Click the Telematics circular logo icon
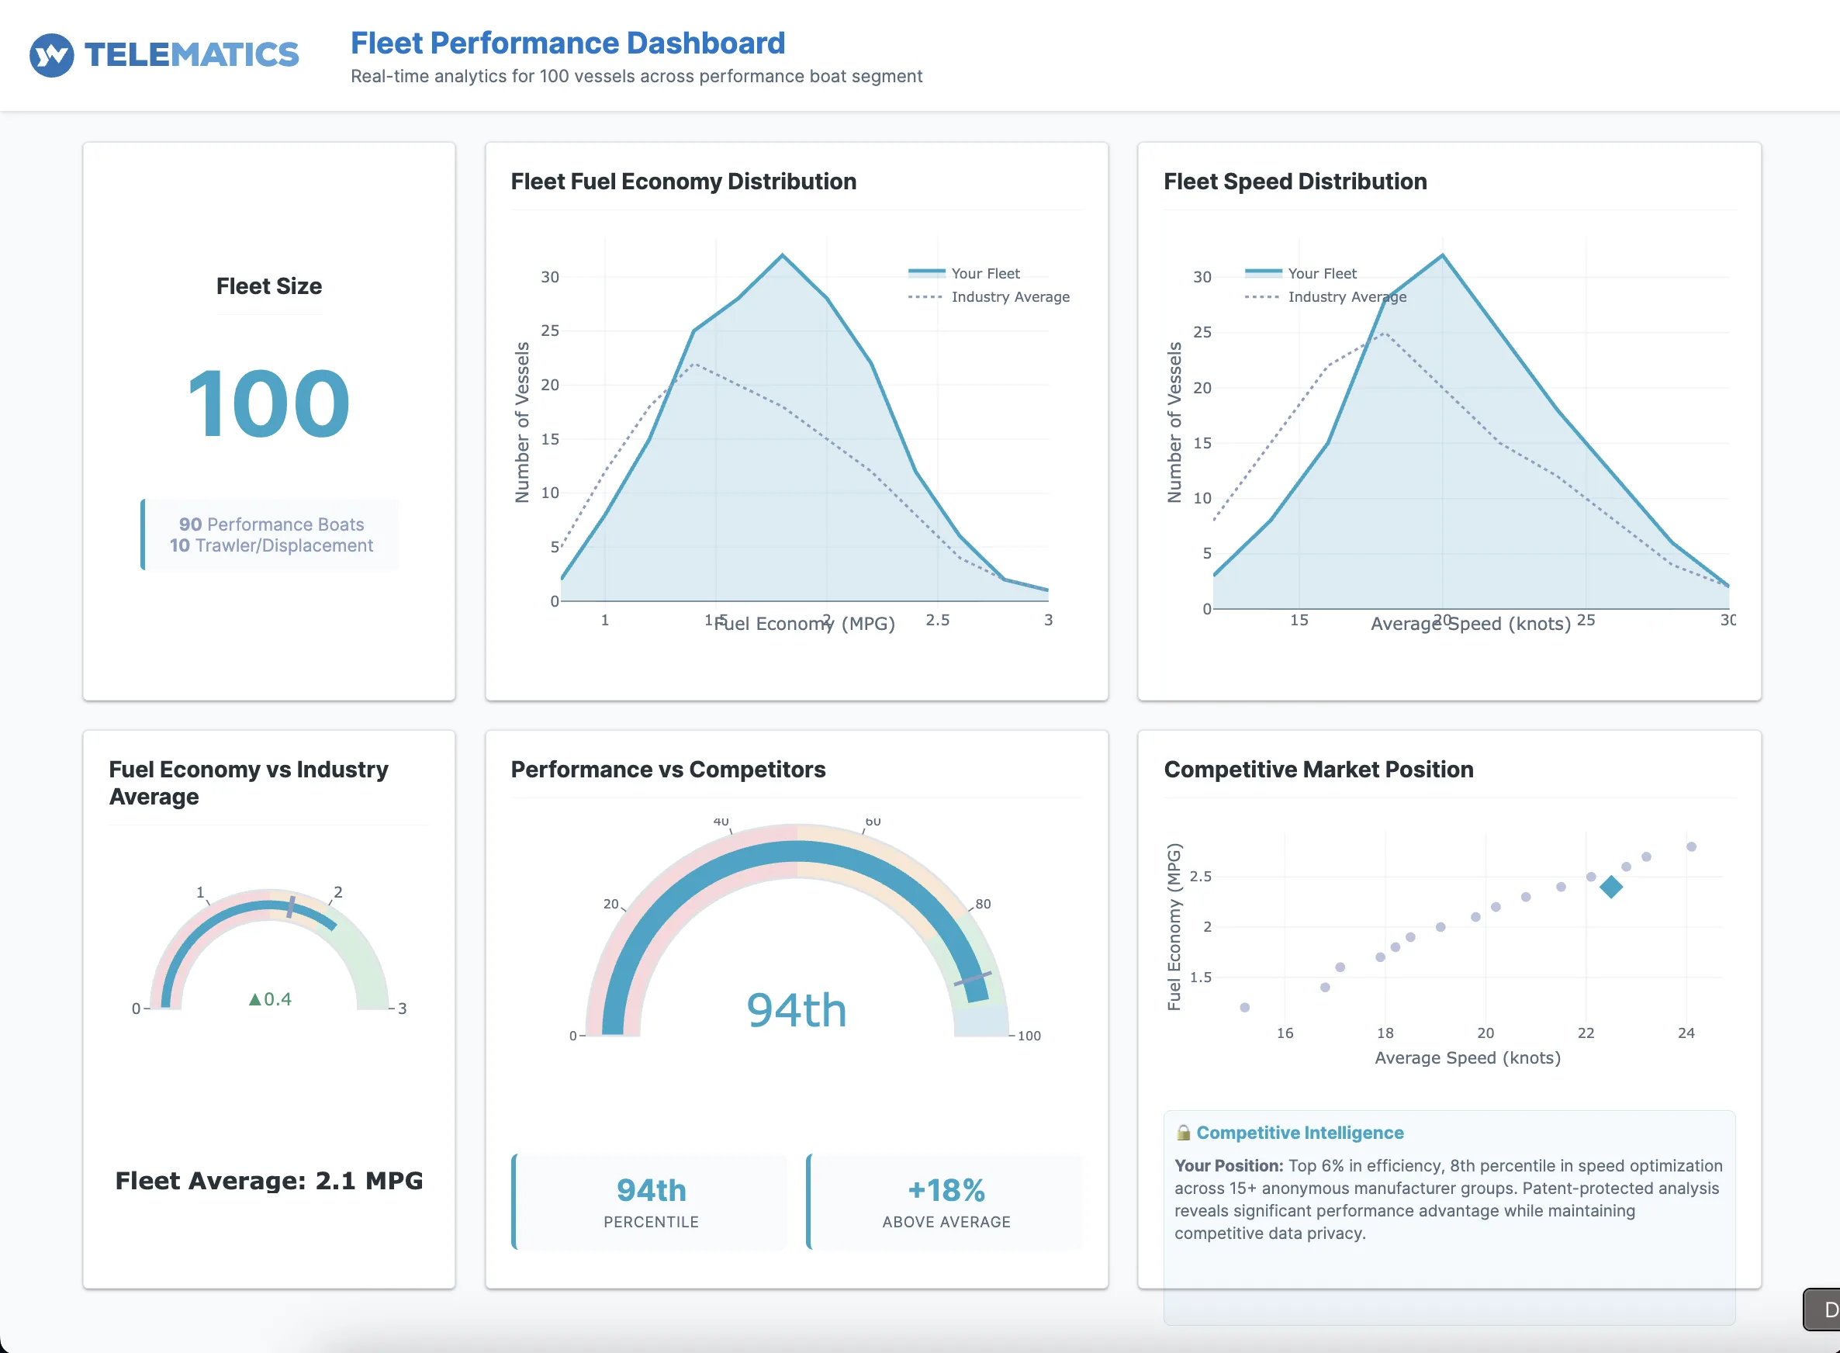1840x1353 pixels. (x=52, y=55)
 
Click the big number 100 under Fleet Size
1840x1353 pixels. (x=268, y=403)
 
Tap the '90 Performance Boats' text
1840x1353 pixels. (x=271, y=524)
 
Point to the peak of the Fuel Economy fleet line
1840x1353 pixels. (x=782, y=255)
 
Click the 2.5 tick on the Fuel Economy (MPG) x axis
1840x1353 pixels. (x=938, y=620)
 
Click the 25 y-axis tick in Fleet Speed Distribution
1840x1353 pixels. (x=1202, y=333)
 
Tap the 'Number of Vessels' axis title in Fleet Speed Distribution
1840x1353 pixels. (x=1174, y=422)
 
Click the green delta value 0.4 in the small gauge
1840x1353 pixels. (x=271, y=999)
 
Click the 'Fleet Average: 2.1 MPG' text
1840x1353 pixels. (x=268, y=1181)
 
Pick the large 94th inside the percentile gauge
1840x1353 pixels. (x=796, y=1010)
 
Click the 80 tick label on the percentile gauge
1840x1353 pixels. (x=983, y=904)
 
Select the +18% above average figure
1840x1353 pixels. (x=946, y=1190)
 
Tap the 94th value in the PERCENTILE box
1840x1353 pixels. (x=651, y=1190)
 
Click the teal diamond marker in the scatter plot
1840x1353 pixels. (x=1610, y=887)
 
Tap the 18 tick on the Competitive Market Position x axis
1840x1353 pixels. (x=1385, y=1033)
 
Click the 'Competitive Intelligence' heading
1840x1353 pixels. (x=1299, y=1133)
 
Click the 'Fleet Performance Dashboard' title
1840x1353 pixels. (x=568, y=43)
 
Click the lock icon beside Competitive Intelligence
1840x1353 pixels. (x=1183, y=1133)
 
